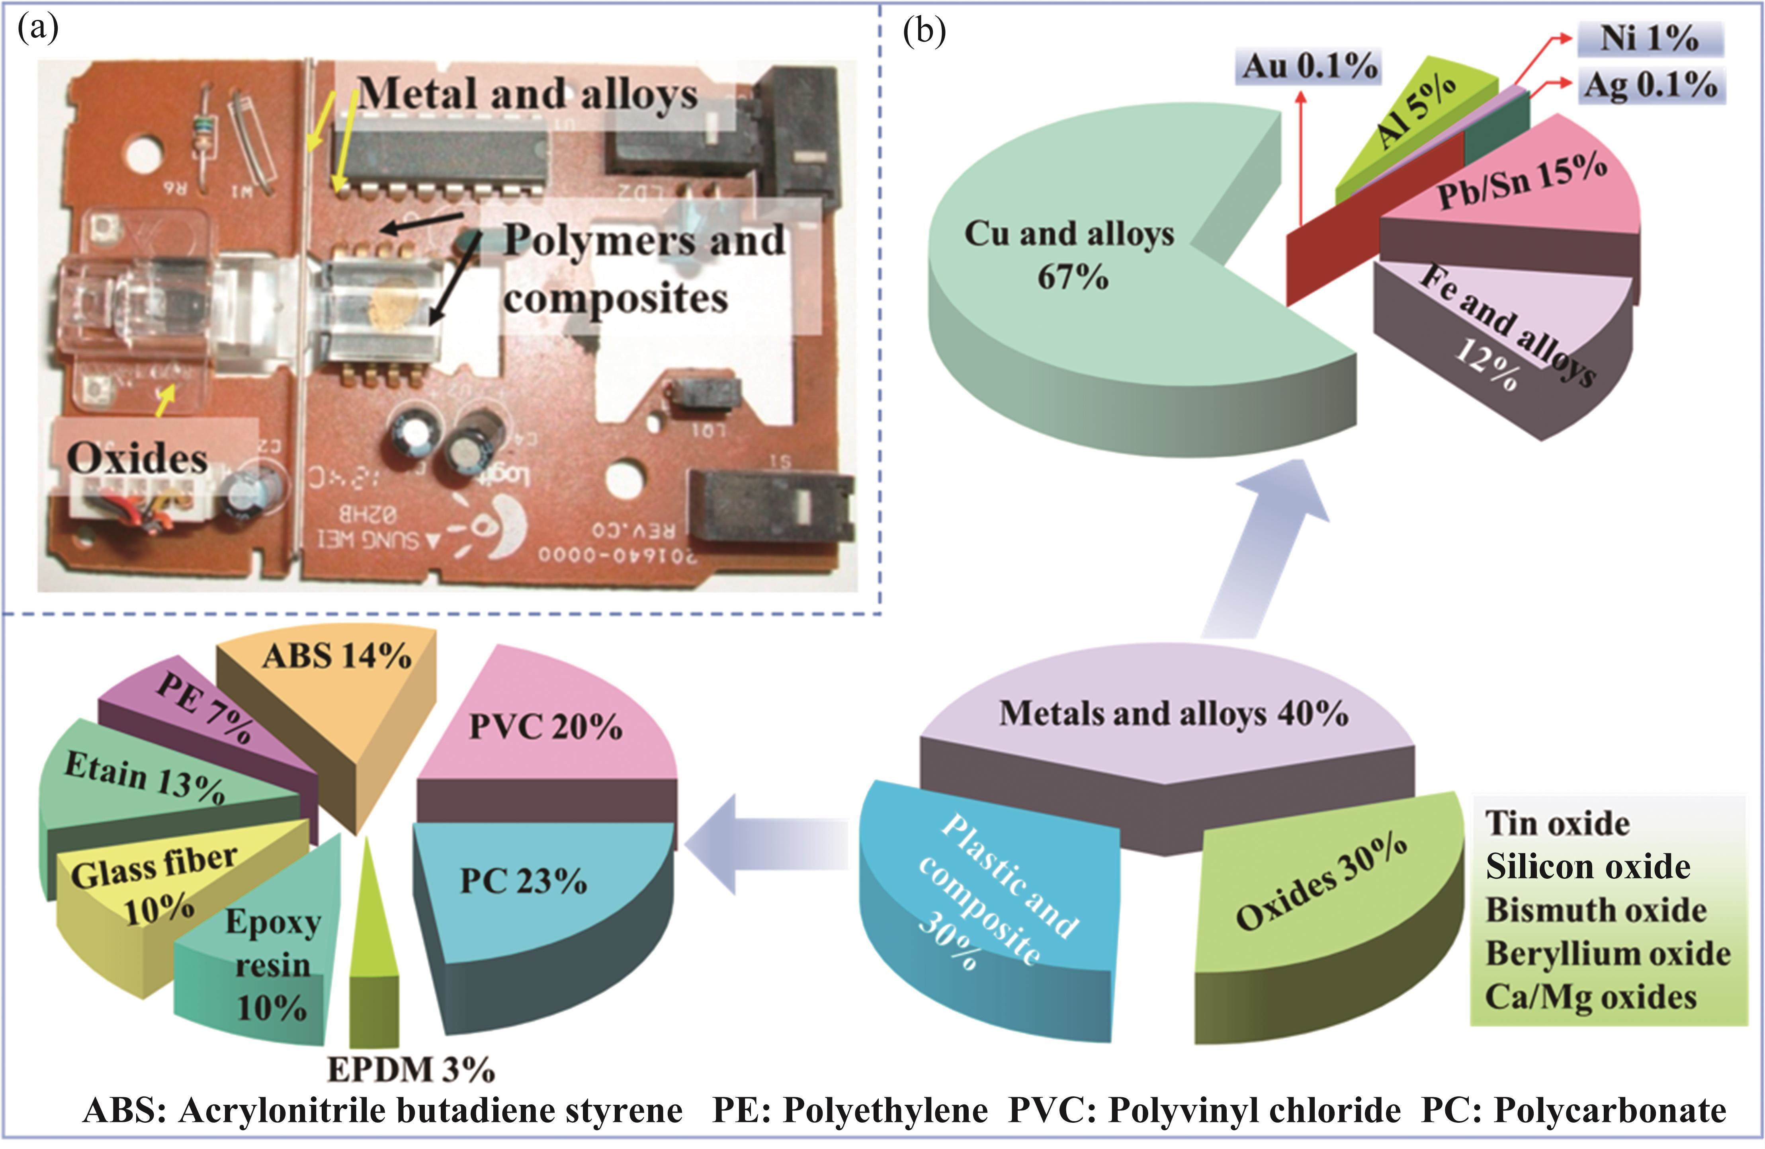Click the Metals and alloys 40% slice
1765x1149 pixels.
(1172, 715)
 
